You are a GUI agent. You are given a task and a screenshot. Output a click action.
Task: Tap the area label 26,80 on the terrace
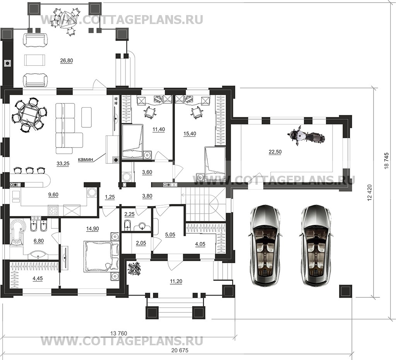click(67, 60)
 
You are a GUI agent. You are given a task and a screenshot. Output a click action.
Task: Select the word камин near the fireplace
click(86, 159)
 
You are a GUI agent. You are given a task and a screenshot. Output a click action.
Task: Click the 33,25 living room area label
click(63, 164)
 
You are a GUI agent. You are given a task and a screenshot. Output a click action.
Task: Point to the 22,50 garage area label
click(275, 152)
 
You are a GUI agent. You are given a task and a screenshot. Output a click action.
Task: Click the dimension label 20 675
click(180, 350)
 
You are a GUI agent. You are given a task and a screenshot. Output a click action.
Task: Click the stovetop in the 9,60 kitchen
click(53, 211)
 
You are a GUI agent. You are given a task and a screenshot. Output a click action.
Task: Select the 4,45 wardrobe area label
click(38, 278)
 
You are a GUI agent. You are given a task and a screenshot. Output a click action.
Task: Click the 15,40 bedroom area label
click(190, 134)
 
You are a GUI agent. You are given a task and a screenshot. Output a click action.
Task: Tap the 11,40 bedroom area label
click(159, 129)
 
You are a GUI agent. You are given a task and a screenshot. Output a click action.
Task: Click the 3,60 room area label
click(147, 172)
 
